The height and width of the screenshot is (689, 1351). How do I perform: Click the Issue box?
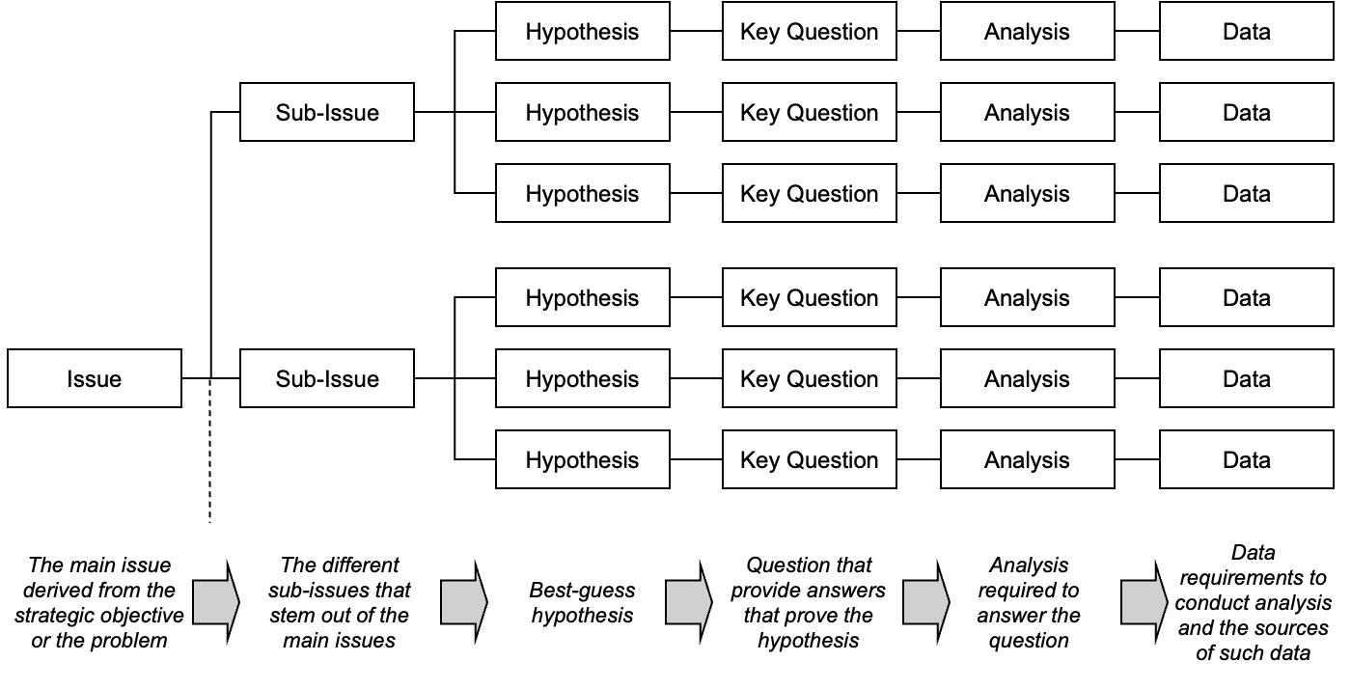click(x=95, y=378)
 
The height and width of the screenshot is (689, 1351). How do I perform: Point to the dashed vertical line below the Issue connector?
click(x=210, y=450)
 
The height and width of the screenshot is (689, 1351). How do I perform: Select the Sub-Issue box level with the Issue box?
click(x=327, y=378)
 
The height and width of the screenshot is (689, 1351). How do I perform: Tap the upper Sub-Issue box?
click(x=327, y=112)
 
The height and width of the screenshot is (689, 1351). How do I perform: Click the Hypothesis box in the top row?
click(x=583, y=32)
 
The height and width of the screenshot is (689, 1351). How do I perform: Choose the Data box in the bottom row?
click(x=1247, y=459)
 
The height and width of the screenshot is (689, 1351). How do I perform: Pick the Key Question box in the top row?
click(x=810, y=32)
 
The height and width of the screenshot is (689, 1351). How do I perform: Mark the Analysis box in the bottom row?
click(x=1028, y=459)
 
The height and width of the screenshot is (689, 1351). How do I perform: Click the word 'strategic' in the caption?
click(x=53, y=616)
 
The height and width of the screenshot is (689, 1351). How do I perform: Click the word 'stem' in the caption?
click(x=291, y=616)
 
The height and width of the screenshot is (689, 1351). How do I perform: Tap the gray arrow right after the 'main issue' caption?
click(x=216, y=602)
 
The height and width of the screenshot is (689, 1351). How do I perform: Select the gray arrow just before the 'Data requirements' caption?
click(x=1144, y=602)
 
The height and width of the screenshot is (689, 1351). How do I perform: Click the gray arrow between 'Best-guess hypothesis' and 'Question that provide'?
click(x=689, y=602)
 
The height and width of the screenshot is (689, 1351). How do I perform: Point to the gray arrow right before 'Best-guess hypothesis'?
click(x=464, y=602)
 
